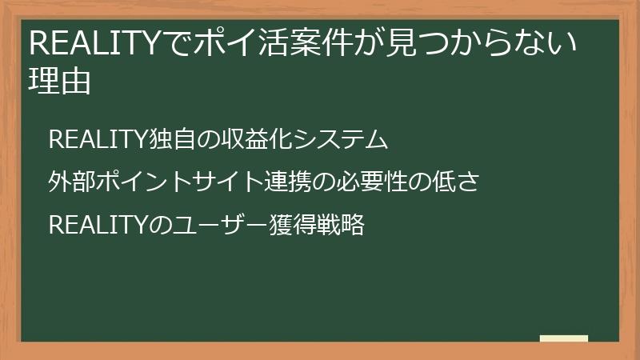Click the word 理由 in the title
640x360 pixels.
point(59,81)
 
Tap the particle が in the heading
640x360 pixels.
point(370,42)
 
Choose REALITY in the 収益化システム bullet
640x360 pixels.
point(95,140)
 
